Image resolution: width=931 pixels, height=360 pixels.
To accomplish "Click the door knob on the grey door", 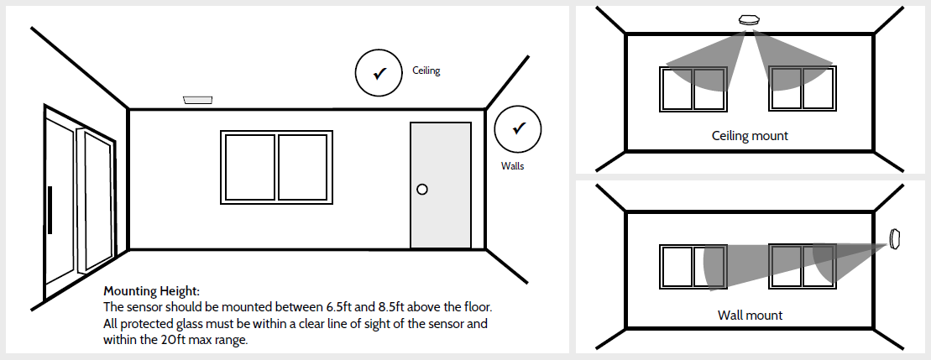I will tap(422, 190).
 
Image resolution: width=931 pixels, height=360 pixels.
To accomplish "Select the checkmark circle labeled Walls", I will tap(518, 128).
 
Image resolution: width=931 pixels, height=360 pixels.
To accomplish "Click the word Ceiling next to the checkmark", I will tap(426, 71).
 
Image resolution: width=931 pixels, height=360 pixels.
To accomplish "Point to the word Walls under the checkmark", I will tap(512, 166).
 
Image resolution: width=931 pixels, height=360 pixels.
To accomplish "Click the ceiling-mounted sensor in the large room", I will tap(198, 101).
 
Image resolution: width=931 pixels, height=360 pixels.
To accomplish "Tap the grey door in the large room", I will tap(440, 185).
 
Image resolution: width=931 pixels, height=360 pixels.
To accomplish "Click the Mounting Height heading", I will tap(151, 291).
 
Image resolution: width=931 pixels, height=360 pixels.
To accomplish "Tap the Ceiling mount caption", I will tap(750, 135).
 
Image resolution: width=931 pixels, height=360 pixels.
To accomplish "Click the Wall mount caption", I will tap(750, 316).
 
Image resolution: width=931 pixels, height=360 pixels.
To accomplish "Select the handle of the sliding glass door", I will tap(50, 210).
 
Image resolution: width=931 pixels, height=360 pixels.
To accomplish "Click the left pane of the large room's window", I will tap(249, 167).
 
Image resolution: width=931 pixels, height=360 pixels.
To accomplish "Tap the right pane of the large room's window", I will tap(301, 167).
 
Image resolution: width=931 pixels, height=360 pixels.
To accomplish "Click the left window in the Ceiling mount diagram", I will tap(693, 88).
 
